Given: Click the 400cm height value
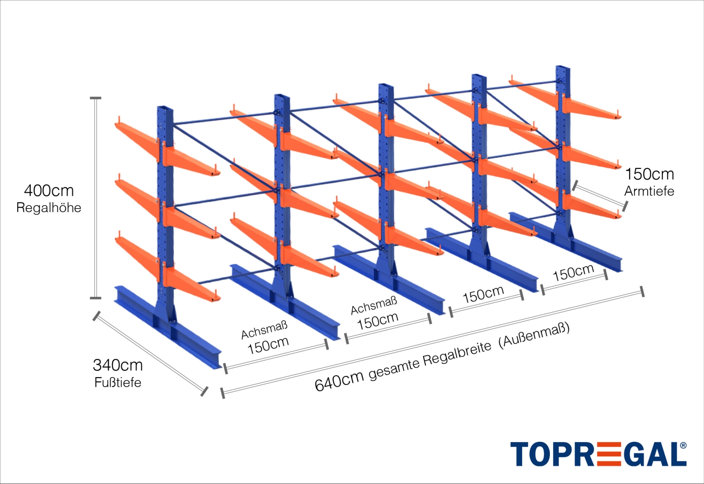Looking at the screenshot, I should click(x=49, y=191).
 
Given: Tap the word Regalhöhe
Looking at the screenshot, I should click(x=49, y=208).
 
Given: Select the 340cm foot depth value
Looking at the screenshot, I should click(x=118, y=365).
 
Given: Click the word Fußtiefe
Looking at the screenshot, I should click(x=118, y=382).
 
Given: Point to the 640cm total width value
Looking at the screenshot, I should click(x=339, y=381).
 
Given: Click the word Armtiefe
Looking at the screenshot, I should click(x=649, y=191).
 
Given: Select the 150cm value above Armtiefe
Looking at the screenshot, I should click(x=649, y=174).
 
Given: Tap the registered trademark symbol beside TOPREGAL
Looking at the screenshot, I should click(x=683, y=446).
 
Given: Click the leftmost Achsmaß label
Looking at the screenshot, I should click(x=264, y=330).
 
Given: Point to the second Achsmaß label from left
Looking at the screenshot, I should click(x=374, y=305).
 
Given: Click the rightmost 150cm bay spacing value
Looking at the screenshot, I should click(x=573, y=273).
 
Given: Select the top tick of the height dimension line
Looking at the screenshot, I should click(x=96, y=98).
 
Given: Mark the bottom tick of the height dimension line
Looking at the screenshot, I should click(x=96, y=298).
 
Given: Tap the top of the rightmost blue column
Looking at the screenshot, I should click(x=563, y=68).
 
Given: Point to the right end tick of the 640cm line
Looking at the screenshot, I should click(x=642, y=291).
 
